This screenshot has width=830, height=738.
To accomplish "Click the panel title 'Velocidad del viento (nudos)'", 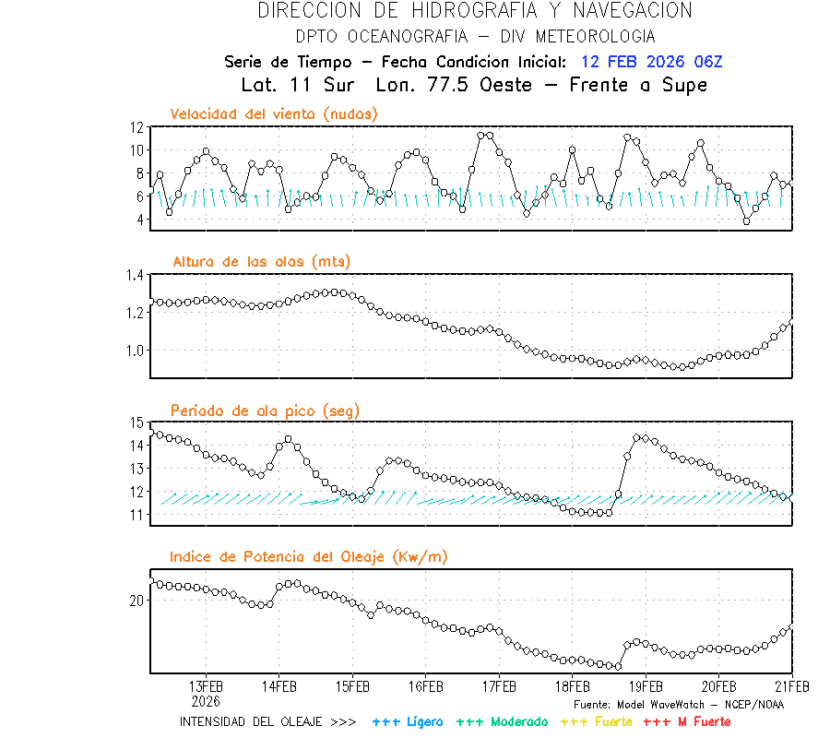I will [x=274, y=113].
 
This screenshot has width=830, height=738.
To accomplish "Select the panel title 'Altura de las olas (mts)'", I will [x=262, y=262].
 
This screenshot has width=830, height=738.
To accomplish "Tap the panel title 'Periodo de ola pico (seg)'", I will [x=265, y=410].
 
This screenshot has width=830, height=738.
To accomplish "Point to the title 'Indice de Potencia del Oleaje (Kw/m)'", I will [x=309, y=556].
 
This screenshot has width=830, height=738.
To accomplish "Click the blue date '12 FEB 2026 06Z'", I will [x=652, y=63].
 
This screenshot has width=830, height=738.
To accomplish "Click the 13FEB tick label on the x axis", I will [x=206, y=686].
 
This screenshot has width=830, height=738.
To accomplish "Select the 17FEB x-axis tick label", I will [x=499, y=686].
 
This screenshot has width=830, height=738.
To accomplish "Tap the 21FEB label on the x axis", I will [x=791, y=686].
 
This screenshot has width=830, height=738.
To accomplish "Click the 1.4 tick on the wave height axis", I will [x=135, y=275].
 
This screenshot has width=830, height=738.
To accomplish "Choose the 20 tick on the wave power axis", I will [x=137, y=601].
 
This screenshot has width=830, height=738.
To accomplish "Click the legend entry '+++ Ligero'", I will [x=408, y=721].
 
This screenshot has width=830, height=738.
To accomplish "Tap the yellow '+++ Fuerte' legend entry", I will [x=596, y=721].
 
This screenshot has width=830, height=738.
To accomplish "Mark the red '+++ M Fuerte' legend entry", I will [x=686, y=721].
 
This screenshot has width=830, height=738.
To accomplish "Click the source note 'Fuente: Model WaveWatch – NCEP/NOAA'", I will [x=678, y=704].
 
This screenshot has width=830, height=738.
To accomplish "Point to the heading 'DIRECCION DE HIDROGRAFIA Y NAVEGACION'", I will [x=475, y=11].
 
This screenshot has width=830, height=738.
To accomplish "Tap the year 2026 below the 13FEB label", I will [x=206, y=700].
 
